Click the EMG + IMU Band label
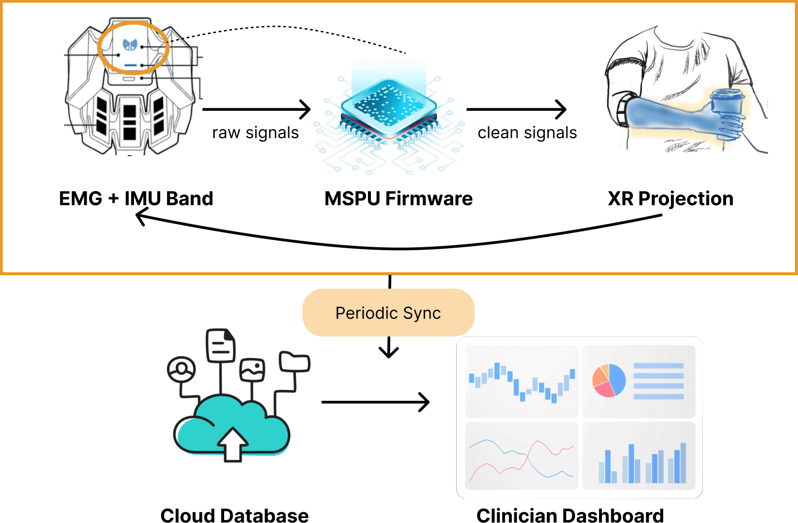136,198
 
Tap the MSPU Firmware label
398,198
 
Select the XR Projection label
670,198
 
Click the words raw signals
255,133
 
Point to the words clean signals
527,133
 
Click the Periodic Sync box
388,313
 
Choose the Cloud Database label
234,515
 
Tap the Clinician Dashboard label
570,515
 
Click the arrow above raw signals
256,109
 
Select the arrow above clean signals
516,109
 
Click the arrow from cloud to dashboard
375,402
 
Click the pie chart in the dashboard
609,380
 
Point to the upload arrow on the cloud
233,443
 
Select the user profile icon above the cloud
181,369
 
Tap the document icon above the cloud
221,345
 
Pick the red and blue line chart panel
521,456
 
